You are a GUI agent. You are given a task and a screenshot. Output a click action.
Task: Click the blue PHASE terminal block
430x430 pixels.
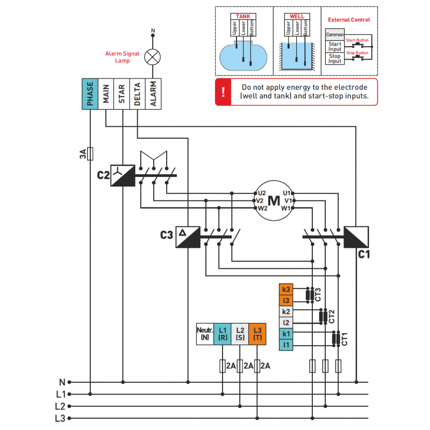90,95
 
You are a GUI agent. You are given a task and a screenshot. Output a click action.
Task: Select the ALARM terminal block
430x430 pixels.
154,95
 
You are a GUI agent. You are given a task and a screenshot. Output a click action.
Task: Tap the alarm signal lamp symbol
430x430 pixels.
154,56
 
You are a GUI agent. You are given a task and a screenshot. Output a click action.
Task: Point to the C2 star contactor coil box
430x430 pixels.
123,175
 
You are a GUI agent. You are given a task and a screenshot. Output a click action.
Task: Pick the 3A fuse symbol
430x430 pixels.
90,154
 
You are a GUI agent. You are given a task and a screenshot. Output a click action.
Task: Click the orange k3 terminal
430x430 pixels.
286,290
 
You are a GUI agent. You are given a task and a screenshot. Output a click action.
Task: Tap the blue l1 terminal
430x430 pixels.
286,345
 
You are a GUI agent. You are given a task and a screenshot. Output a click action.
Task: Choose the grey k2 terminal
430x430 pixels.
286,312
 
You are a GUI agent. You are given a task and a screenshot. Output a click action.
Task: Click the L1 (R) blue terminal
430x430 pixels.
223,334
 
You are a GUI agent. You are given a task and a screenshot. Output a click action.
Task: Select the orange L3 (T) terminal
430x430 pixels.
257,334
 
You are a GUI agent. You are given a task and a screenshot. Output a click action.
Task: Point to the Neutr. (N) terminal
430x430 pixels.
205,334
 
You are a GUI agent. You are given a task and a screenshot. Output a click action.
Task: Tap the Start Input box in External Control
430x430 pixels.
335,47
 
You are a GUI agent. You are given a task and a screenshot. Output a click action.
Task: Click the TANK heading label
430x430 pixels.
243,17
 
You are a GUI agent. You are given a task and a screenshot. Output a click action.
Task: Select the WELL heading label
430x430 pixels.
297,17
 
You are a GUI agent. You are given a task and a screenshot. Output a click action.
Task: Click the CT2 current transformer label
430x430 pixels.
332,317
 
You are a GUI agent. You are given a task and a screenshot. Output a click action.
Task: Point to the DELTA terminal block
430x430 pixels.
138,95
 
